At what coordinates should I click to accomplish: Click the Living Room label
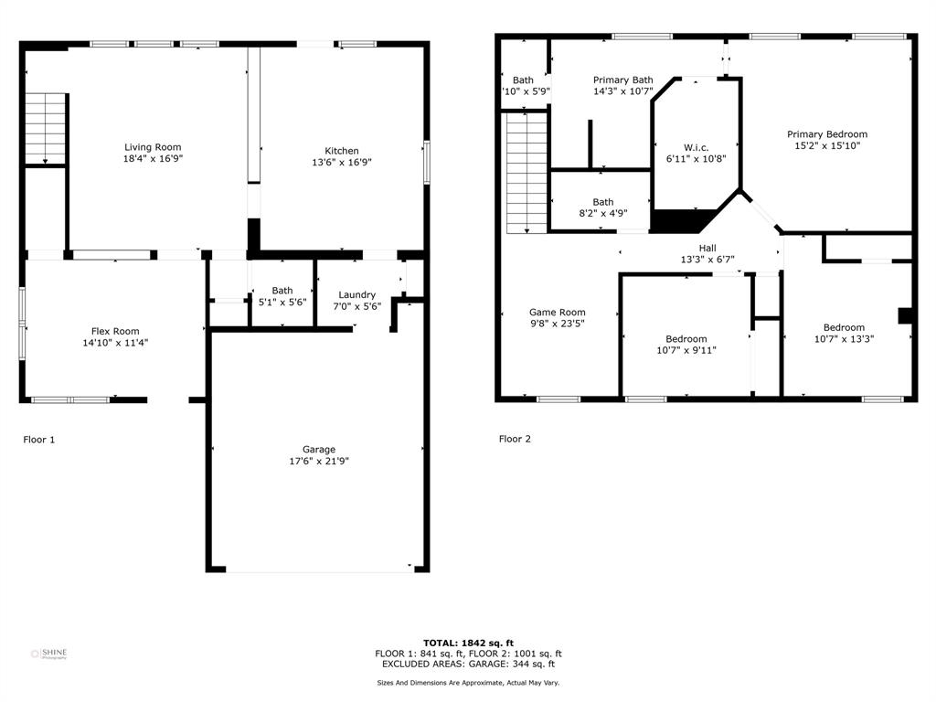tap(153, 147)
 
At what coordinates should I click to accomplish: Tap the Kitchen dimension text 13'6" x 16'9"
tap(342, 163)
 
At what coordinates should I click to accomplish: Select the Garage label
tap(319, 449)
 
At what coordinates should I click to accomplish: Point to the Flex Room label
tap(115, 331)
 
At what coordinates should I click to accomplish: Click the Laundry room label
tap(356, 294)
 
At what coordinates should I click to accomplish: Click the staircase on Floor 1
tap(46, 127)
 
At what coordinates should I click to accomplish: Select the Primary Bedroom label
tap(827, 134)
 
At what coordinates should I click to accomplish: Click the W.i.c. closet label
tap(696, 147)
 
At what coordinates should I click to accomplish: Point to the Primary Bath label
tap(622, 80)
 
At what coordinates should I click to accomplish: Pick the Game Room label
tap(557, 312)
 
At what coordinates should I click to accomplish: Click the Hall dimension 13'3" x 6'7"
tap(707, 259)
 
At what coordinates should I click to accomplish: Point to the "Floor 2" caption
tap(515, 439)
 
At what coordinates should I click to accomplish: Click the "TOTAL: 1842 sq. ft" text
tap(468, 643)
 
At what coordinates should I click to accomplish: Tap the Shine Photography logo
tap(49, 654)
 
